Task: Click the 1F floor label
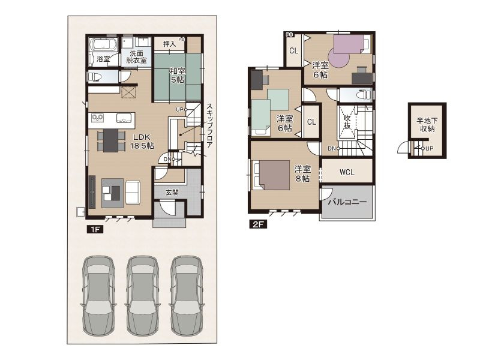click(95, 229)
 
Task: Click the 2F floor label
click(258, 224)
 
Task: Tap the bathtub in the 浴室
click(103, 44)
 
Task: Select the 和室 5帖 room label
click(177, 76)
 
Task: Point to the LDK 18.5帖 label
click(142, 142)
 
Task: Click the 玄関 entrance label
click(172, 193)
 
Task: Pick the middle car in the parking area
click(142, 295)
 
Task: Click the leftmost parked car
click(98, 295)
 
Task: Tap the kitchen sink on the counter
click(124, 118)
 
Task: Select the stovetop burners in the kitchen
click(98, 117)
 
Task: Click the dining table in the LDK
click(110, 140)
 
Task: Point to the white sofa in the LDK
click(133, 193)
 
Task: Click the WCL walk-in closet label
click(347, 172)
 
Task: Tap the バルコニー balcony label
click(347, 202)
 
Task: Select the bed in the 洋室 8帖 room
click(271, 175)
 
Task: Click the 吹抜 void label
click(347, 122)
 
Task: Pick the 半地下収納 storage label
click(427, 125)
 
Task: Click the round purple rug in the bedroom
click(338, 58)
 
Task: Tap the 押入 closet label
click(169, 44)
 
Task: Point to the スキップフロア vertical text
click(209, 126)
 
